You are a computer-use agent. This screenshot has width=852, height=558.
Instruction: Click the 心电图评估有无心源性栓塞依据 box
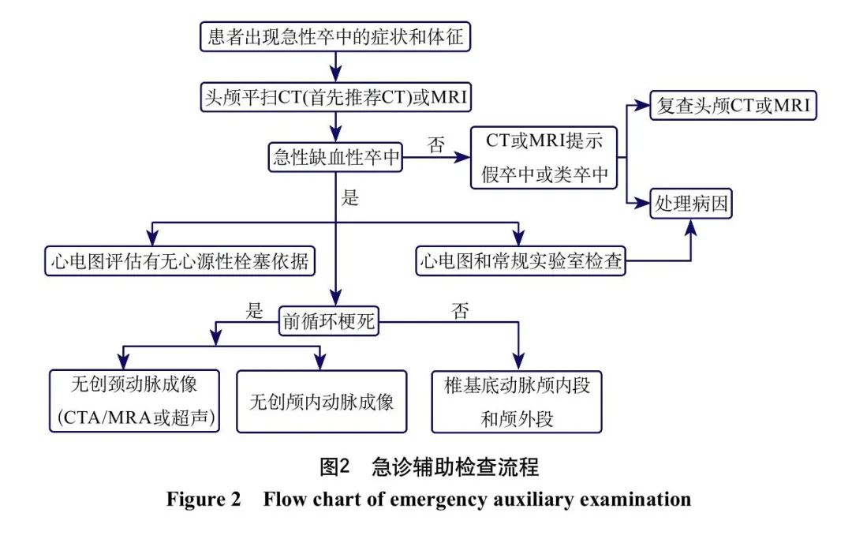tap(180, 260)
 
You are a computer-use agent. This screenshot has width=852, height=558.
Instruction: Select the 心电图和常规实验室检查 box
tap(521, 260)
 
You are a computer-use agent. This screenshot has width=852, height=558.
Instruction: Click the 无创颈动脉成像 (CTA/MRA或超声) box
tap(133, 402)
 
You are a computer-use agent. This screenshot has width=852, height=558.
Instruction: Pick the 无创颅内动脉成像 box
tap(322, 402)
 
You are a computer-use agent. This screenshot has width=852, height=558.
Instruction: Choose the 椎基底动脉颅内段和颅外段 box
tap(518, 402)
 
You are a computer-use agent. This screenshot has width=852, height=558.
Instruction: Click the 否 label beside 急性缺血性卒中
tap(435, 144)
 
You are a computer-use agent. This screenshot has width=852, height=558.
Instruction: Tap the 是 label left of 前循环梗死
tap(254, 311)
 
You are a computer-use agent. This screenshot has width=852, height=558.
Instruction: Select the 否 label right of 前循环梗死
tap(460, 311)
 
